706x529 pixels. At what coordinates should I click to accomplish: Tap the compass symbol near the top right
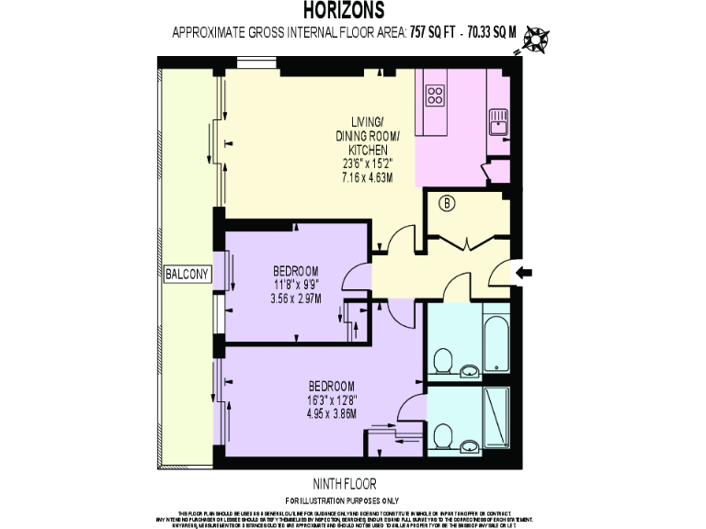534,39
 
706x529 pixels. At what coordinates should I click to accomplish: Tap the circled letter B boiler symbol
448,205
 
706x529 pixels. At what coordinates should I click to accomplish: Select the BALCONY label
188,273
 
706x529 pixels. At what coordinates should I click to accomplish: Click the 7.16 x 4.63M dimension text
368,176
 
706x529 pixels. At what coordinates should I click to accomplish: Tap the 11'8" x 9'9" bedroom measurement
295,284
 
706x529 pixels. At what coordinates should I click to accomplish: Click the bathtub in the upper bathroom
496,342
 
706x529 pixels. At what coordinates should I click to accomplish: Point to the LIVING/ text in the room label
369,123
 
